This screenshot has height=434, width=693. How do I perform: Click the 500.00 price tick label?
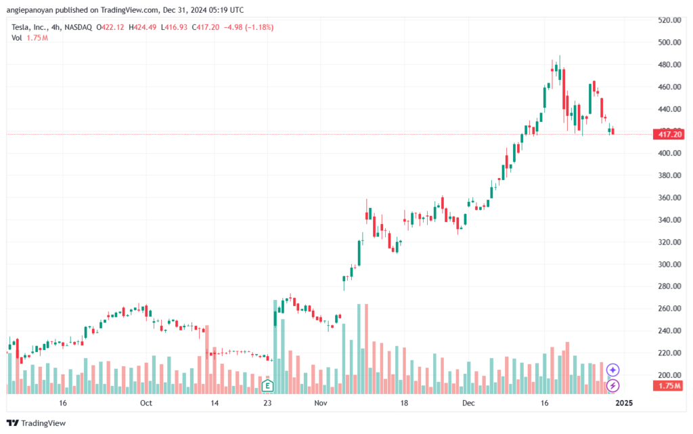(x=669, y=43)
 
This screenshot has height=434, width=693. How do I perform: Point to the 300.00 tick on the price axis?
(x=669, y=264)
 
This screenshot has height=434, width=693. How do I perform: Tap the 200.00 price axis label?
(x=669, y=375)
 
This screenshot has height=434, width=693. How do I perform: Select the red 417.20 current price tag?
(x=669, y=134)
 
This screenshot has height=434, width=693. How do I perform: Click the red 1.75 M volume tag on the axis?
(x=669, y=386)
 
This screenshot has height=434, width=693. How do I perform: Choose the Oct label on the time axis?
(x=146, y=403)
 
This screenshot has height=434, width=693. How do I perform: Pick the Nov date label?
(x=321, y=403)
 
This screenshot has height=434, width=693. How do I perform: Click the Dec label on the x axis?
(x=468, y=403)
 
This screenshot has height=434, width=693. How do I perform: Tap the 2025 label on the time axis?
(x=624, y=403)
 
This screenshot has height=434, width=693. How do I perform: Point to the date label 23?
(x=267, y=403)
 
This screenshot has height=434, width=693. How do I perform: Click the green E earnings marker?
(x=267, y=386)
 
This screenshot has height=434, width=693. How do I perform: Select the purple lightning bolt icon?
(x=612, y=385)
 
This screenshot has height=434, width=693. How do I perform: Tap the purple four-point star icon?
(x=612, y=370)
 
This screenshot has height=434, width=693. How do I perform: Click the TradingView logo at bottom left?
(x=37, y=423)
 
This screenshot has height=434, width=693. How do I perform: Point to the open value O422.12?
(x=110, y=27)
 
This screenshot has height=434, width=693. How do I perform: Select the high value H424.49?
(x=142, y=27)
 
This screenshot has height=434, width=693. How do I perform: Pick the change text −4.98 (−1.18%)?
(x=248, y=27)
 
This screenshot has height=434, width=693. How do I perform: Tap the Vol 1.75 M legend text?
(x=30, y=38)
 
